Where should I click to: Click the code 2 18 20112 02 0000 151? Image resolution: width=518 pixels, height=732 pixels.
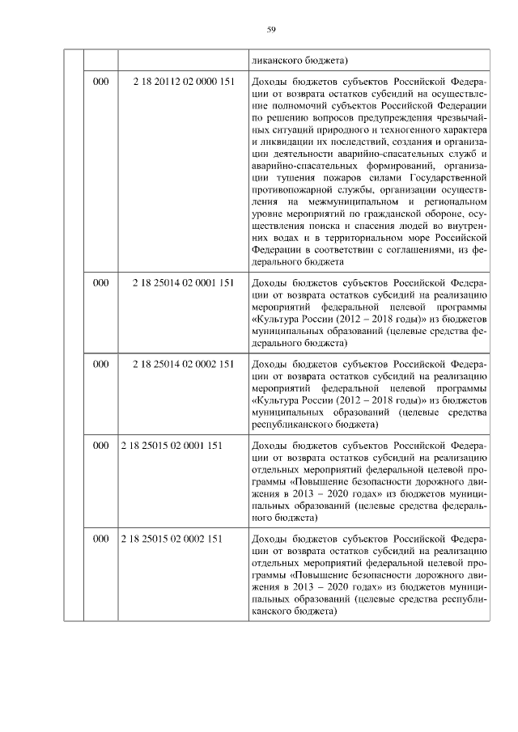[x=183, y=83]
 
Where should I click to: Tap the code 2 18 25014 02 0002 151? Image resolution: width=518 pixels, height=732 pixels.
[x=183, y=365]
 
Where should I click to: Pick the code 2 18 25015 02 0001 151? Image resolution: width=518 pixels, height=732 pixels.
[x=171, y=445]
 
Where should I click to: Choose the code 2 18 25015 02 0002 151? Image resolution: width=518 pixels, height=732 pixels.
[x=171, y=538]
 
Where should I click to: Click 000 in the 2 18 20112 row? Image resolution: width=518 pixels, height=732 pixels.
[x=100, y=83]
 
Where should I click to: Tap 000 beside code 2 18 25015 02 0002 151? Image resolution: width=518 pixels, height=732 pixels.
[x=100, y=538]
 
